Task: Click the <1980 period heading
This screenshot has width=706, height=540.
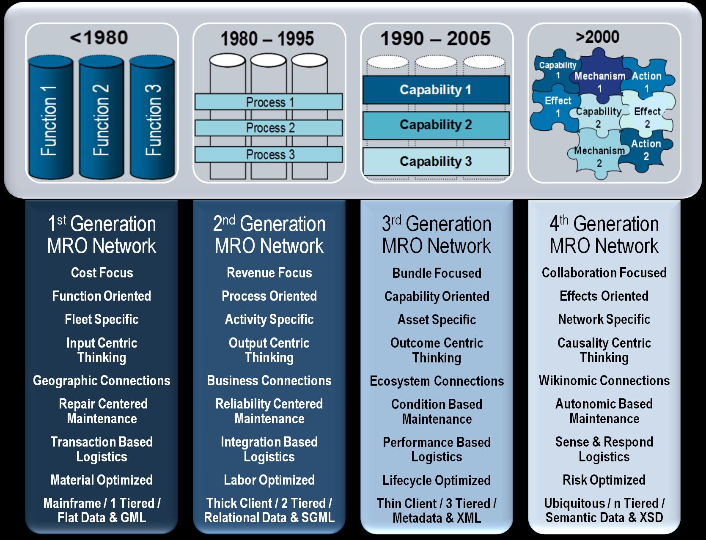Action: [99, 38]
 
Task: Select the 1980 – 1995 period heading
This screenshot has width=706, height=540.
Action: [267, 38]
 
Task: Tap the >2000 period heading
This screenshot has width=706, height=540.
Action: [597, 37]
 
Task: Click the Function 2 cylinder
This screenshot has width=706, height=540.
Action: [102, 117]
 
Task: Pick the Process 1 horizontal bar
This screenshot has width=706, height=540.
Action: [269, 102]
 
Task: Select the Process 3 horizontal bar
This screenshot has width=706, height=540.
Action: [269, 155]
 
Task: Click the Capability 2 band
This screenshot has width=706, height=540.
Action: [436, 125]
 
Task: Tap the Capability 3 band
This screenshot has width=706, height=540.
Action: [436, 162]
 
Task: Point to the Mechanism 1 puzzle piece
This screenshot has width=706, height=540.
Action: [599, 79]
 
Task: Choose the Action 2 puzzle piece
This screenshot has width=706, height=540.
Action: [646, 150]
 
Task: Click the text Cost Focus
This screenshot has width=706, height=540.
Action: [102, 273]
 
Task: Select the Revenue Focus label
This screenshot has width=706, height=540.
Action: [269, 273]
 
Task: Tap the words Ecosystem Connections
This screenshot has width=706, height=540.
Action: [437, 381]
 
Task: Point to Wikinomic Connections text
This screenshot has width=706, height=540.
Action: [604, 381]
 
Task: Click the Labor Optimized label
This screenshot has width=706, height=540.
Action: [269, 480]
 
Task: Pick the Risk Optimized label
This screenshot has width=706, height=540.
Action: [604, 480]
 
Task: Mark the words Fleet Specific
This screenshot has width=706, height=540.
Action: [102, 320]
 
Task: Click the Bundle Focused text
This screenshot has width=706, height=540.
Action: [437, 273]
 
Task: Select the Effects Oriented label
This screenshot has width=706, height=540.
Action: [604, 296]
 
